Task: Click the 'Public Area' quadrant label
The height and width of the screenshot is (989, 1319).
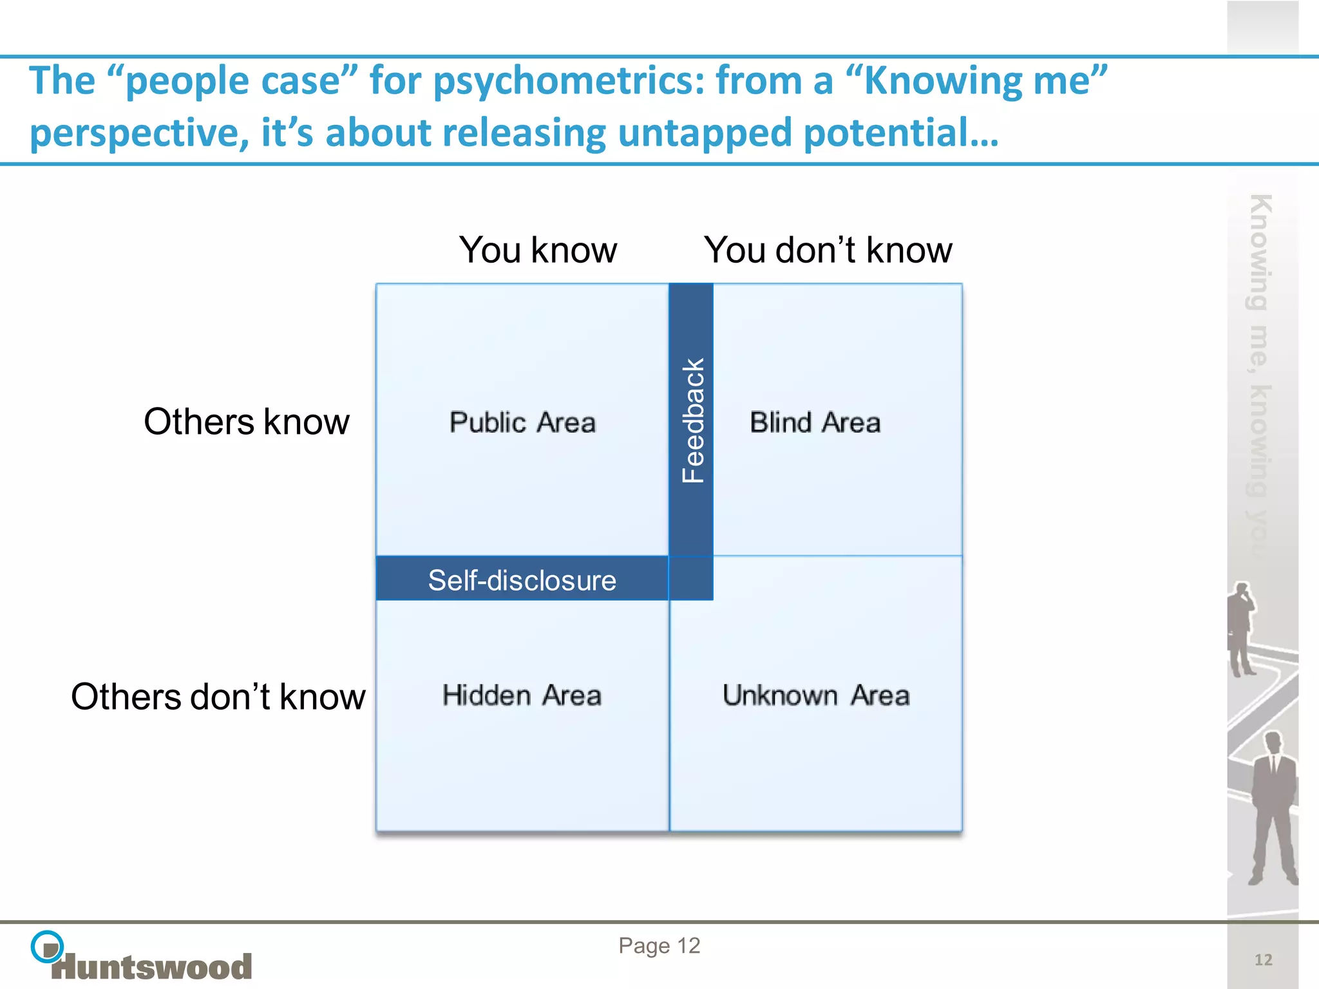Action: click(522, 422)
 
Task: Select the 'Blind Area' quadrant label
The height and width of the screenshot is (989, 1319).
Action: click(815, 422)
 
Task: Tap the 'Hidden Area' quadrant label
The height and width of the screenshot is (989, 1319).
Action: click(522, 695)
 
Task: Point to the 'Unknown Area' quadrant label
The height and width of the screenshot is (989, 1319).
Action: click(816, 695)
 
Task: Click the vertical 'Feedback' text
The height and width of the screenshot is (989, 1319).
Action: click(692, 420)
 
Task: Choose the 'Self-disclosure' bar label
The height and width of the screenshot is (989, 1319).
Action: click(522, 580)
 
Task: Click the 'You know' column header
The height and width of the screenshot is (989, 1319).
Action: click(538, 250)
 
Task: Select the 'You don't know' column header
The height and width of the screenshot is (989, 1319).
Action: click(828, 250)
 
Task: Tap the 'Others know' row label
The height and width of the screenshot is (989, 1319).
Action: click(246, 422)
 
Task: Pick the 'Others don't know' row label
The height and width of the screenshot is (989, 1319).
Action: click(218, 697)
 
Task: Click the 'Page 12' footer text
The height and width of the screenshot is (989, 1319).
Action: click(659, 945)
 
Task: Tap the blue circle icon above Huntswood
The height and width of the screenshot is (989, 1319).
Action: click(47, 947)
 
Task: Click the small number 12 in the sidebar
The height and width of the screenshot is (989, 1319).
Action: click(1263, 960)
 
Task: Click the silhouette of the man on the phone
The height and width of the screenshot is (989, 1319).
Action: click(1240, 628)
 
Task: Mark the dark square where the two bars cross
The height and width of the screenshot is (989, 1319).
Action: click(691, 578)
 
